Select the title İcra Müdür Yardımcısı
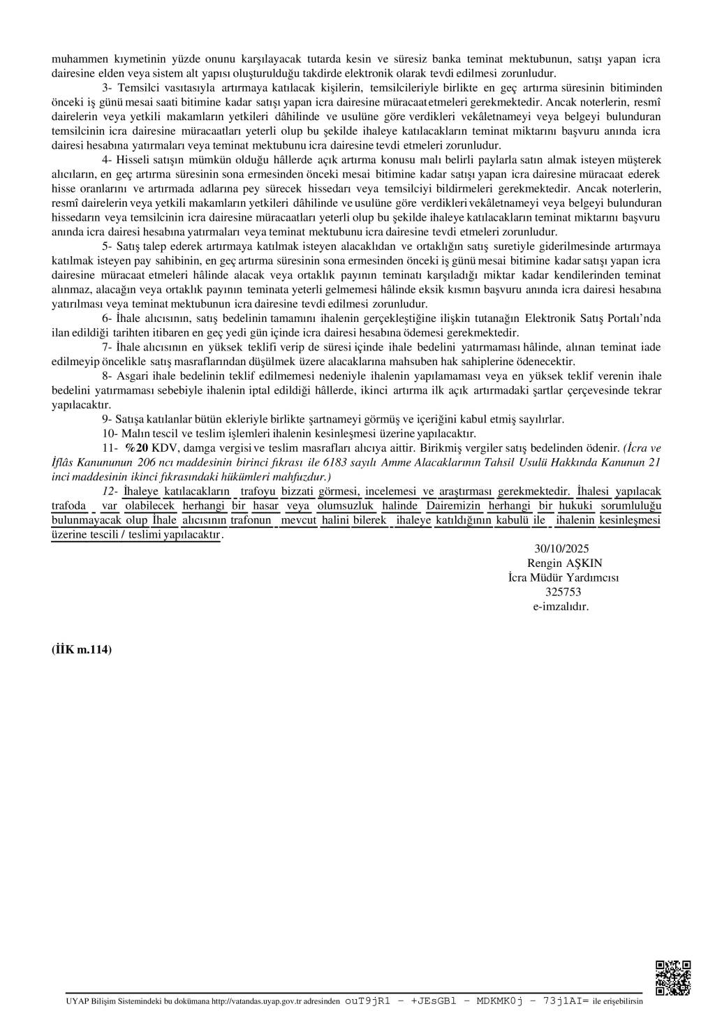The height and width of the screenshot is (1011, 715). pos(563,577)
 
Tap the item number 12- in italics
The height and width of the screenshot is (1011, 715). pos(110,492)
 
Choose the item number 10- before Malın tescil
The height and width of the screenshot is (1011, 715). pos(110,433)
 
